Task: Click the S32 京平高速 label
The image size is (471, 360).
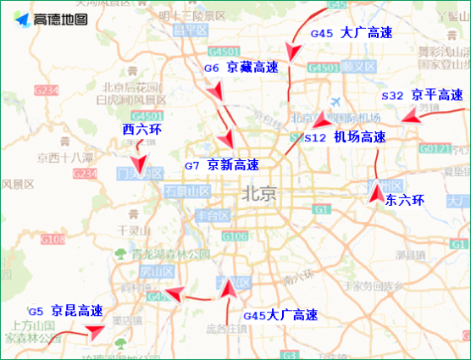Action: (422, 96)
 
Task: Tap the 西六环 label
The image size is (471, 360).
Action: (141, 130)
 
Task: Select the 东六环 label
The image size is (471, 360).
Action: (403, 201)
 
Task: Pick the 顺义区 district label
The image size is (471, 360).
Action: (358, 66)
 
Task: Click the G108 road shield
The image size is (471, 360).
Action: (53, 240)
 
